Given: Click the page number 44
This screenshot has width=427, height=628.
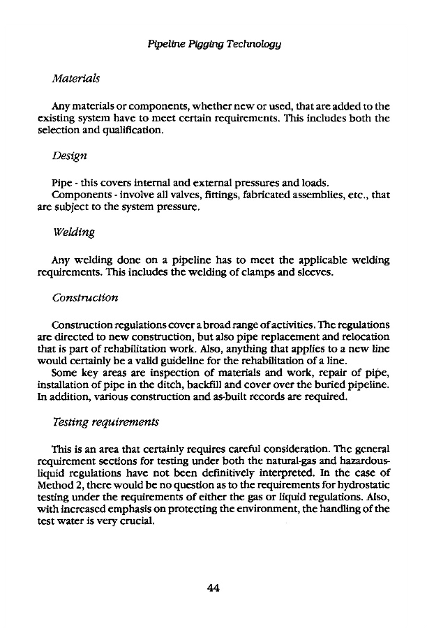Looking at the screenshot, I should click(x=213, y=588).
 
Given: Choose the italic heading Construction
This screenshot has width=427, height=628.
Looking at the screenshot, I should click(x=85, y=297).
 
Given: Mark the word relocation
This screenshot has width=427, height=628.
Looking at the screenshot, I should click(x=364, y=338).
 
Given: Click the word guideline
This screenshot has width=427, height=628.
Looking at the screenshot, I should click(x=197, y=360).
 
